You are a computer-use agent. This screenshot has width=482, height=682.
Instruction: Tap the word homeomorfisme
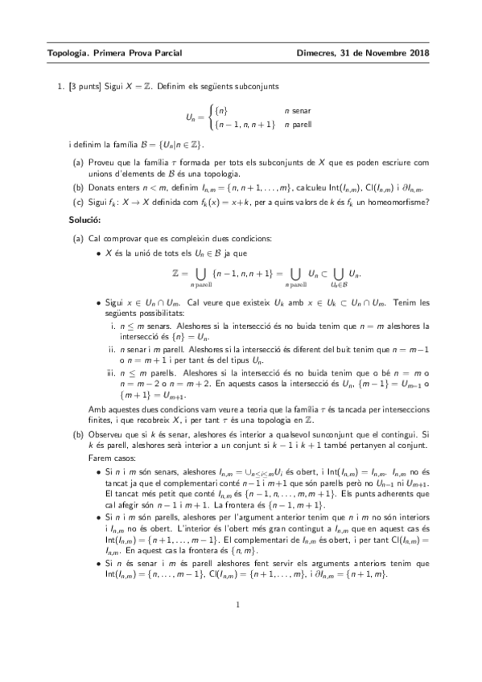399,201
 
